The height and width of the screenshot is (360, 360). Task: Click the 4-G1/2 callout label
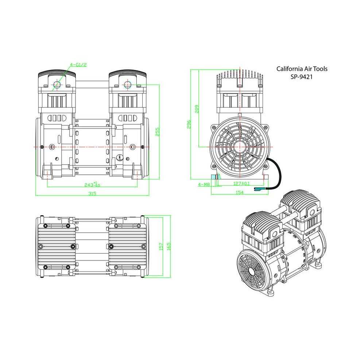click(x=78, y=65)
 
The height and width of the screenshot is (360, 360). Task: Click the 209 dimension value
click(x=197, y=109)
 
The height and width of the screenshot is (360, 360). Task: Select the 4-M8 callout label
click(x=204, y=185)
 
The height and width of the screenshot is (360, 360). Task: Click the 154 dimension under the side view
click(x=239, y=192)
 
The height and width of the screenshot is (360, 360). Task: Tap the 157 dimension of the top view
click(x=161, y=247)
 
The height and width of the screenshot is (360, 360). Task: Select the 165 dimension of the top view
click(x=169, y=247)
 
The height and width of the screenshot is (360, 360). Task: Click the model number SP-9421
click(x=302, y=77)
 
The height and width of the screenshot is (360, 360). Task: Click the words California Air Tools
click(x=302, y=69)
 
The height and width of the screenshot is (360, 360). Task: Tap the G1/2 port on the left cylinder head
click(x=57, y=85)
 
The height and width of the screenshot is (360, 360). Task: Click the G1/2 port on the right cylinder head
click(x=127, y=85)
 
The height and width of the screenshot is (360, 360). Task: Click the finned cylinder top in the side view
click(x=240, y=78)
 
